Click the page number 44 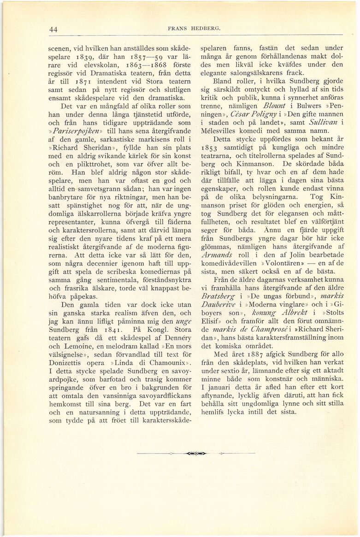[53, 30]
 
